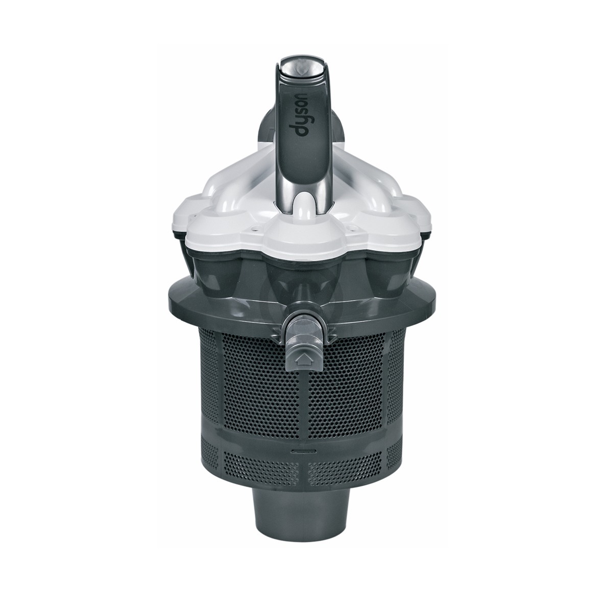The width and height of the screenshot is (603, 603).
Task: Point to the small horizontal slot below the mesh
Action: coord(301,451)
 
